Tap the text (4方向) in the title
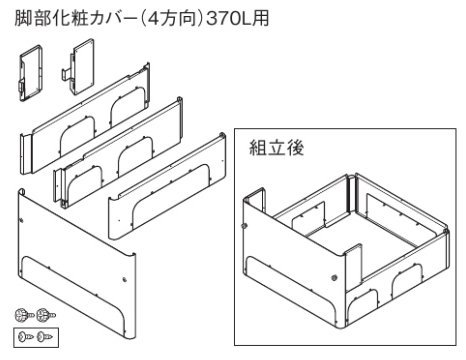168,17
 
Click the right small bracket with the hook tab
79,66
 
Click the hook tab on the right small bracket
66,73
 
